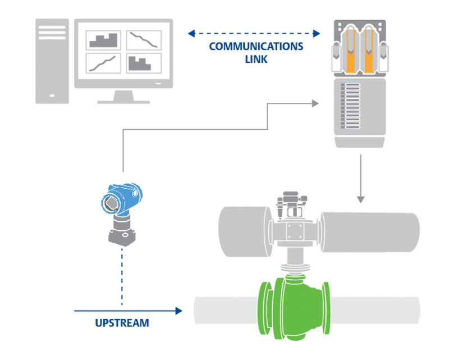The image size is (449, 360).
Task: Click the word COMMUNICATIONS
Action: pos(256,47)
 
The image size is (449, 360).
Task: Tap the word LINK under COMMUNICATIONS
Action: pos(256,58)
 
